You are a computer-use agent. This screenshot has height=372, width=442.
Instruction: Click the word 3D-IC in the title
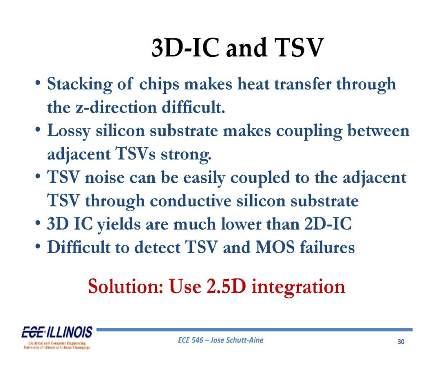[x=185, y=47]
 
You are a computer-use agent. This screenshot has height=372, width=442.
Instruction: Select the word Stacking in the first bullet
[x=79, y=85]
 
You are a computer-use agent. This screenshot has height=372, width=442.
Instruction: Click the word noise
[x=105, y=178]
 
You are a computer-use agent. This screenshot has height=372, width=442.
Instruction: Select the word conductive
[x=191, y=201]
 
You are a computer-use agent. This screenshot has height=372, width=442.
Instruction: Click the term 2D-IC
[x=328, y=224]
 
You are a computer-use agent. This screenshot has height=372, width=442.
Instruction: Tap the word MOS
[x=275, y=247]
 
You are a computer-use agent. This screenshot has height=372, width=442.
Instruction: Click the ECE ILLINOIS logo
[x=57, y=337]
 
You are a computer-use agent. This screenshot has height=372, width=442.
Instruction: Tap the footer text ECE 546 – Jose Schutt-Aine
[x=221, y=340]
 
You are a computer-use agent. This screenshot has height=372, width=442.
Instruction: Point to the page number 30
[x=401, y=342]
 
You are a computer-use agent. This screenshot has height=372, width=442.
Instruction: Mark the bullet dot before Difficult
[x=38, y=247]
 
